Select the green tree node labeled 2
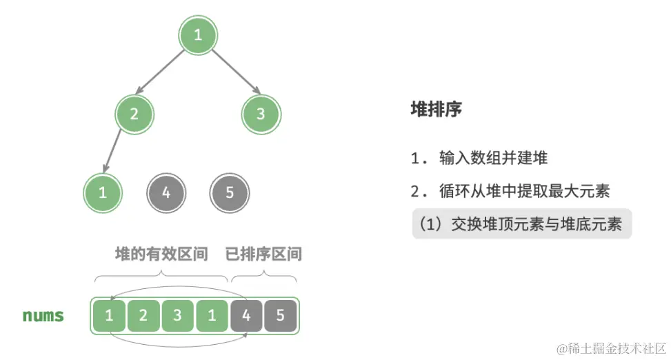(x=134, y=114)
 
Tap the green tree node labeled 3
(x=260, y=114)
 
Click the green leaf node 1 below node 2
(x=103, y=192)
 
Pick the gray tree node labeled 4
(x=166, y=192)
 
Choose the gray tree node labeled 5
(x=230, y=192)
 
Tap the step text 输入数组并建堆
(x=492, y=158)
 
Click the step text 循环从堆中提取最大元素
(x=524, y=191)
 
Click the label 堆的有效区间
(x=161, y=254)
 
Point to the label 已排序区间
(x=263, y=254)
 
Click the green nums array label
(x=43, y=317)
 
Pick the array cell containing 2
(x=143, y=317)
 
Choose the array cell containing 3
(x=178, y=317)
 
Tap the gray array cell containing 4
(x=246, y=317)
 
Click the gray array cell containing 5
(x=280, y=317)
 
